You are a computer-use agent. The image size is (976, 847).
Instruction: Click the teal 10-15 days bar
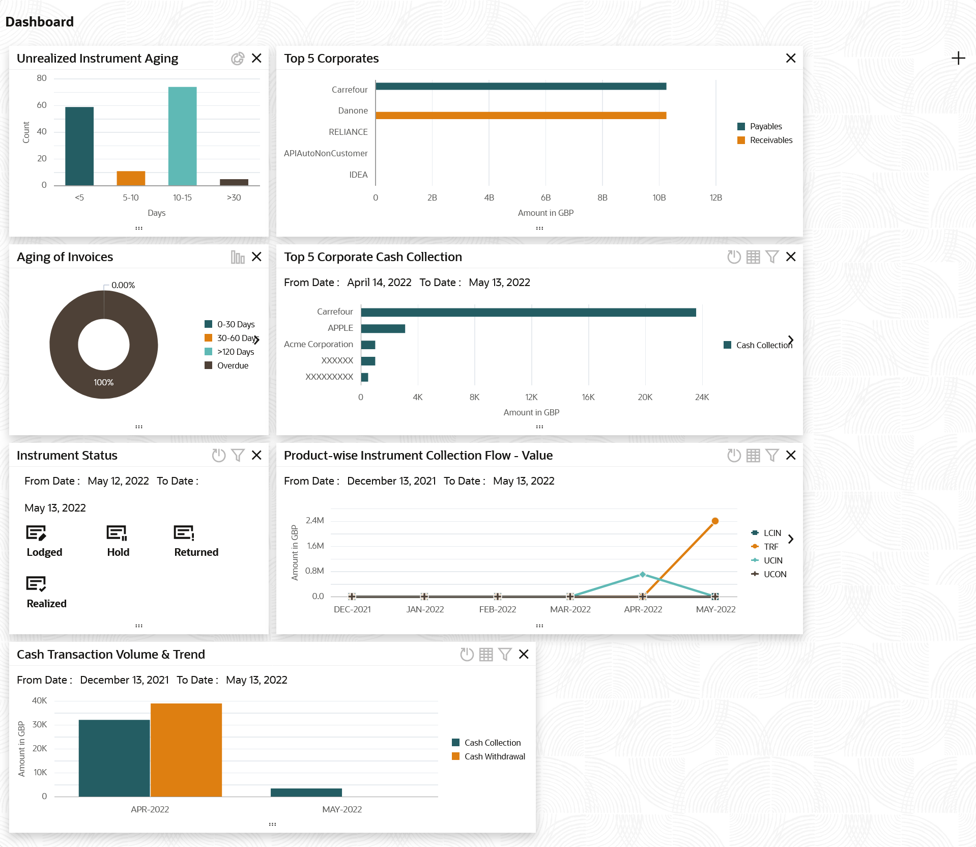pyautogui.click(x=182, y=136)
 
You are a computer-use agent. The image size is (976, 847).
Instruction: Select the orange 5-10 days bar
pyautogui.click(x=131, y=178)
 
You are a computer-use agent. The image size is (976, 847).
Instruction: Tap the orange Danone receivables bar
pyautogui.click(x=521, y=116)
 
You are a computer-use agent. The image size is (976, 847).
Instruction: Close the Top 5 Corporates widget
pyautogui.click(x=790, y=59)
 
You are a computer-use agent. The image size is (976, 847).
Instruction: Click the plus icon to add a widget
pyautogui.click(x=958, y=59)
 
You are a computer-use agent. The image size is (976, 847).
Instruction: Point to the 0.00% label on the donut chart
pyautogui.click(x=123, y=285)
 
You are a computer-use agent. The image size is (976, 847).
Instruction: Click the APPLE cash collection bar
pyautogui.click(x=383, y=329)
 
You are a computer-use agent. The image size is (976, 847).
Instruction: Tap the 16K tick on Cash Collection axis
pyautogui.click(x=588, y=397)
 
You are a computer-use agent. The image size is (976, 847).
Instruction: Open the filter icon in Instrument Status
pyautogui.click(x=238, y=455)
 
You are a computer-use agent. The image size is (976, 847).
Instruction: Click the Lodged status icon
pyautogui.click(x=36, y=533)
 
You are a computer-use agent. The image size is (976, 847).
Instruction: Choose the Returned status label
pyautogui.click(x=196, y=552)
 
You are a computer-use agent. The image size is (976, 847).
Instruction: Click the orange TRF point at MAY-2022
pyautogui.click(x=715, y=521)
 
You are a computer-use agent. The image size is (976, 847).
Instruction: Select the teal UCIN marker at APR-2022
pyautogui.click(x=643, y=574)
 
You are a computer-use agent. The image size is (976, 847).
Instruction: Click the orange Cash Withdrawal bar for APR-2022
pyautogui.click(x=186, y=750)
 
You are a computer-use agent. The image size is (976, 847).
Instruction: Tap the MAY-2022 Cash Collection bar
pyautogui.click(x=306, y=792)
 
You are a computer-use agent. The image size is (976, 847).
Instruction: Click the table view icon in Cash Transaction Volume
pyautogui.click(x=486, y=654)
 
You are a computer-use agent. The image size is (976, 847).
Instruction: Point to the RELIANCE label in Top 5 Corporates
pyautogui.click(x=348, y=132)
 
